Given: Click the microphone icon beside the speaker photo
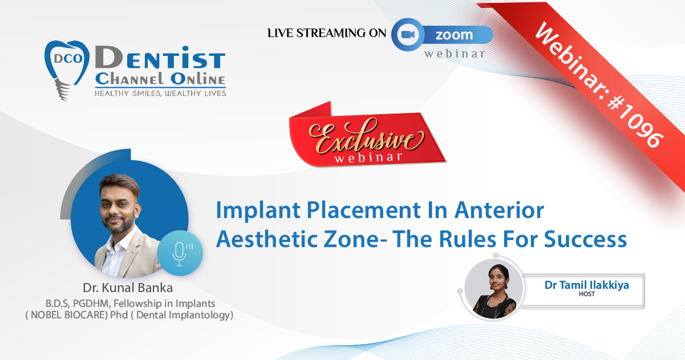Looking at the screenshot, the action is coord(180,253).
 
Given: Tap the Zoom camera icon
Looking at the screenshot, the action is coord(408,35).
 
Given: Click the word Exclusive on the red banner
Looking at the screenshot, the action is coord(366,136).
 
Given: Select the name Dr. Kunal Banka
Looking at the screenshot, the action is coord(128,288).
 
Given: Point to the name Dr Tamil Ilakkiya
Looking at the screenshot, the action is coord(586,285).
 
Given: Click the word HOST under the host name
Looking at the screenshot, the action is coord(586,294).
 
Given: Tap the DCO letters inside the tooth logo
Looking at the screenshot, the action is coord(68,58).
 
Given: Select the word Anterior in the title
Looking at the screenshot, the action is coord(499,211).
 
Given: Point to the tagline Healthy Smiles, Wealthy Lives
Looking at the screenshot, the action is coord(160,94).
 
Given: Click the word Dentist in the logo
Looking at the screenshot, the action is coord(160,57).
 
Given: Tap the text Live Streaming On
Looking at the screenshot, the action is coord(327,33).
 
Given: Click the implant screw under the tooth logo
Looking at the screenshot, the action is coord(63,90).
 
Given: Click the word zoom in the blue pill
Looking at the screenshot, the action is coord(454,35).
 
